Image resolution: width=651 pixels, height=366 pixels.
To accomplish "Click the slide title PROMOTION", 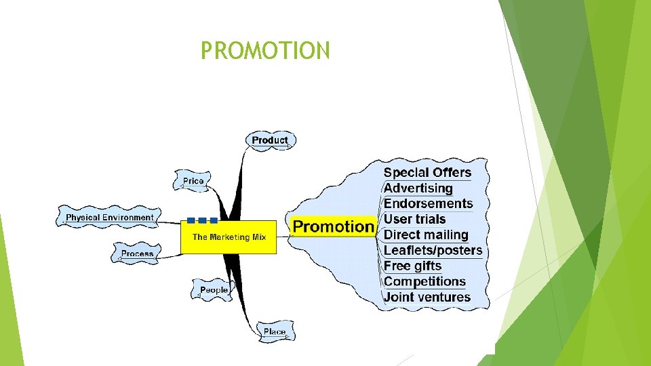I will [265, 50].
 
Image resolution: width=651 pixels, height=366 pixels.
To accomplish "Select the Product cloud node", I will [270, 140].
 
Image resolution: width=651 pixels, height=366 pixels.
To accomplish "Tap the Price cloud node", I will [193, 181].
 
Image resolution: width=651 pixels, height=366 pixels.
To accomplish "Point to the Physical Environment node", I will [109, 218].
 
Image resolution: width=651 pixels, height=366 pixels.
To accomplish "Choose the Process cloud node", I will [138, 253].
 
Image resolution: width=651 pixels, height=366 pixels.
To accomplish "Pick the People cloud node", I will [214, 290].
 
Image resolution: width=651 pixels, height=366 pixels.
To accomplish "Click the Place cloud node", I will [275, 331].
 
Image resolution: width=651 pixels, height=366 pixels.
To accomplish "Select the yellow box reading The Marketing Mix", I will [229, 237].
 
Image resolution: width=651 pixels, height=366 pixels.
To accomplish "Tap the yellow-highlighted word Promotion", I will [334, 226].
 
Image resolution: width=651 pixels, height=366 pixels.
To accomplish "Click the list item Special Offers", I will [427, 172].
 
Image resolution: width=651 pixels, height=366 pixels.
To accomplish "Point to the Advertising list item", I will [418, 188].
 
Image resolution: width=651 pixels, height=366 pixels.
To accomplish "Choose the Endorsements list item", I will [429, 203].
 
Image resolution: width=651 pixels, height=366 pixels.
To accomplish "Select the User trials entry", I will [415, 219].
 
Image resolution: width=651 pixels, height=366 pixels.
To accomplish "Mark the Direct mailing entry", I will [427, 235].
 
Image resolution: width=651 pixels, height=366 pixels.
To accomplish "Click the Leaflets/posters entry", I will [433, 250].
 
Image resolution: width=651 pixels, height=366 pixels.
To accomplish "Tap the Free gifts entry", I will [413, 266].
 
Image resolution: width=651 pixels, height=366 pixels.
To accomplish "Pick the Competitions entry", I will [425, 281].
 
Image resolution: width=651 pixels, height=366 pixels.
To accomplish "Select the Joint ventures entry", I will [427, 297].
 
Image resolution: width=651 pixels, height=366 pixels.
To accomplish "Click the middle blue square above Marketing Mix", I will [202, 220].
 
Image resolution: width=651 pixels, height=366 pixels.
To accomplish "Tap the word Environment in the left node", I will [128, 218].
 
